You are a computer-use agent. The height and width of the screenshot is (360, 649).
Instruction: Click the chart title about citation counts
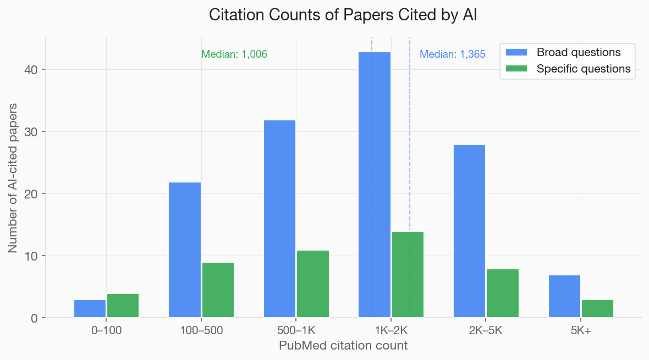[343, 15]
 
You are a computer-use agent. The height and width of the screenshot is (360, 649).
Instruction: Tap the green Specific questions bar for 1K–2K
[408, 275]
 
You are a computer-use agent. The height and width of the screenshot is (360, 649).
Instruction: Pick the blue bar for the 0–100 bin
[90, 308]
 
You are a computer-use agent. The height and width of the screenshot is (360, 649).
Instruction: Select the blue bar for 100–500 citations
[185, 250]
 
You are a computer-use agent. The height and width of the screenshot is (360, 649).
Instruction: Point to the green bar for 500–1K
[313, 284]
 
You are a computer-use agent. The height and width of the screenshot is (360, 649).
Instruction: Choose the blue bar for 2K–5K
[469, 231]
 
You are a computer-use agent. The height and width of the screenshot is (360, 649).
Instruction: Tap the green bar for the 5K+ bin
[597, 308]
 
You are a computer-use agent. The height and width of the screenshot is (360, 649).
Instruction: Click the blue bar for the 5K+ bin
[564, 296]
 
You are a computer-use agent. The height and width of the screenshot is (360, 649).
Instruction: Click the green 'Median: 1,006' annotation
[234, 54]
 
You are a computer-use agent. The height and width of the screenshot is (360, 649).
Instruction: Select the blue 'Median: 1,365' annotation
[452, 54]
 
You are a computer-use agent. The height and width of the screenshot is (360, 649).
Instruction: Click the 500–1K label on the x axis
[296, 331]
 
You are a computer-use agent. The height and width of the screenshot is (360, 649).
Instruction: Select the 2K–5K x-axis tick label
[486, 331]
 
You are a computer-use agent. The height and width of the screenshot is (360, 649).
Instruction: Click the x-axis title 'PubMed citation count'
[343, 346]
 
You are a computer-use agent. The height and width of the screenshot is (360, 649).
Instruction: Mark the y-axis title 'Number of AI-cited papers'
[13, 177]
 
